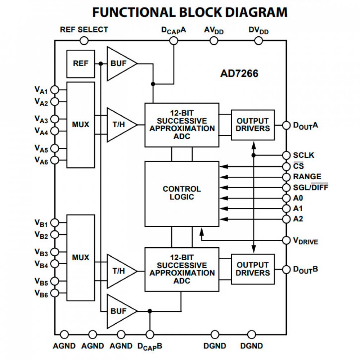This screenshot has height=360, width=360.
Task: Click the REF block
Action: (81, 64)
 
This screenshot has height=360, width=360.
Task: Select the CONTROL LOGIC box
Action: (182, 193)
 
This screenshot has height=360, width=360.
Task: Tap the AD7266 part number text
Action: (239, 74)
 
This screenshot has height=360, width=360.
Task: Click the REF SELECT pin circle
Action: (84, 41)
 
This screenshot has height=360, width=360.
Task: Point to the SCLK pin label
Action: (303, 155)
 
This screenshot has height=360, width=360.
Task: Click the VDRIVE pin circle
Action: (286, 240)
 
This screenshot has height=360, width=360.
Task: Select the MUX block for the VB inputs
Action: (81, 258)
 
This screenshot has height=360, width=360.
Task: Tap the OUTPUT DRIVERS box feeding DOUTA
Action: (253, 125)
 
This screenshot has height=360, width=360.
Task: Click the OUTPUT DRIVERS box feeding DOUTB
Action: (253, 269)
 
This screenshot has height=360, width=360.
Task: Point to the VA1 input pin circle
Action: (55, 89)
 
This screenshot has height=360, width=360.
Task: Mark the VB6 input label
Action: (41, 294)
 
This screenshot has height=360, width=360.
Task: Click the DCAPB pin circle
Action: (150, 334)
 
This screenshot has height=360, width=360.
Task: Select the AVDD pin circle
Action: (214, 41)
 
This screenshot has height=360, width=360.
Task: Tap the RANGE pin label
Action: (307, 177)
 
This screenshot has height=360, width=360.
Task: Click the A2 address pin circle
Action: (286, 219)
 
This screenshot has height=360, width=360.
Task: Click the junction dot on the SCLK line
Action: (254, 155)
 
